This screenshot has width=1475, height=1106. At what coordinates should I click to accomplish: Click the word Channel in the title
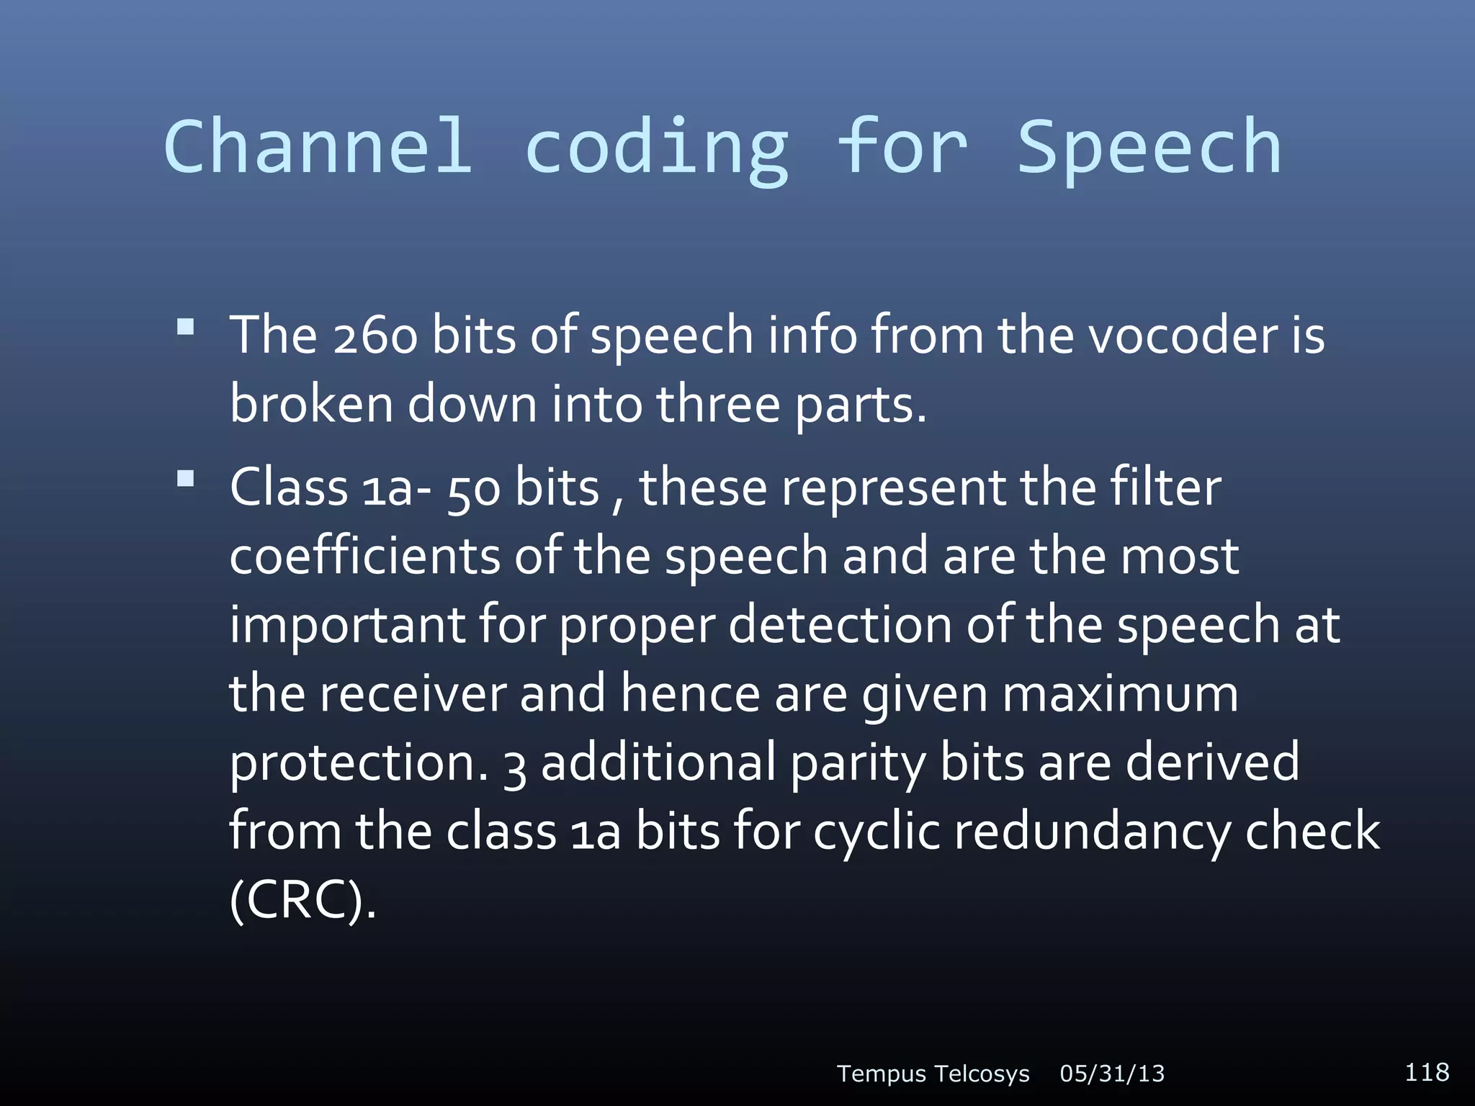(x=318, y=148)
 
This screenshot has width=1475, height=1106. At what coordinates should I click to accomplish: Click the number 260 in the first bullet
(x=375, y=336)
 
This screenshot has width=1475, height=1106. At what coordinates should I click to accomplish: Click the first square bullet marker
(x=186, y=328)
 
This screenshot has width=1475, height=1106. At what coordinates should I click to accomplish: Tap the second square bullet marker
(x=186, y=479)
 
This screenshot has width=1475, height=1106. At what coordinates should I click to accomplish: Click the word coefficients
(x=364, y=556)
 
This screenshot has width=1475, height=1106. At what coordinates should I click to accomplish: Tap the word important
(x=347, y=625)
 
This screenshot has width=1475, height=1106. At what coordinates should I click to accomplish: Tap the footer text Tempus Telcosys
(x=933, y=1074)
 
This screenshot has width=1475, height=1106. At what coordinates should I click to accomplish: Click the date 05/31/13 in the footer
(x=1112, y=1074)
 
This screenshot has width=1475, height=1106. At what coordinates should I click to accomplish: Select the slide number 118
(x=1427, y=1071)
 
